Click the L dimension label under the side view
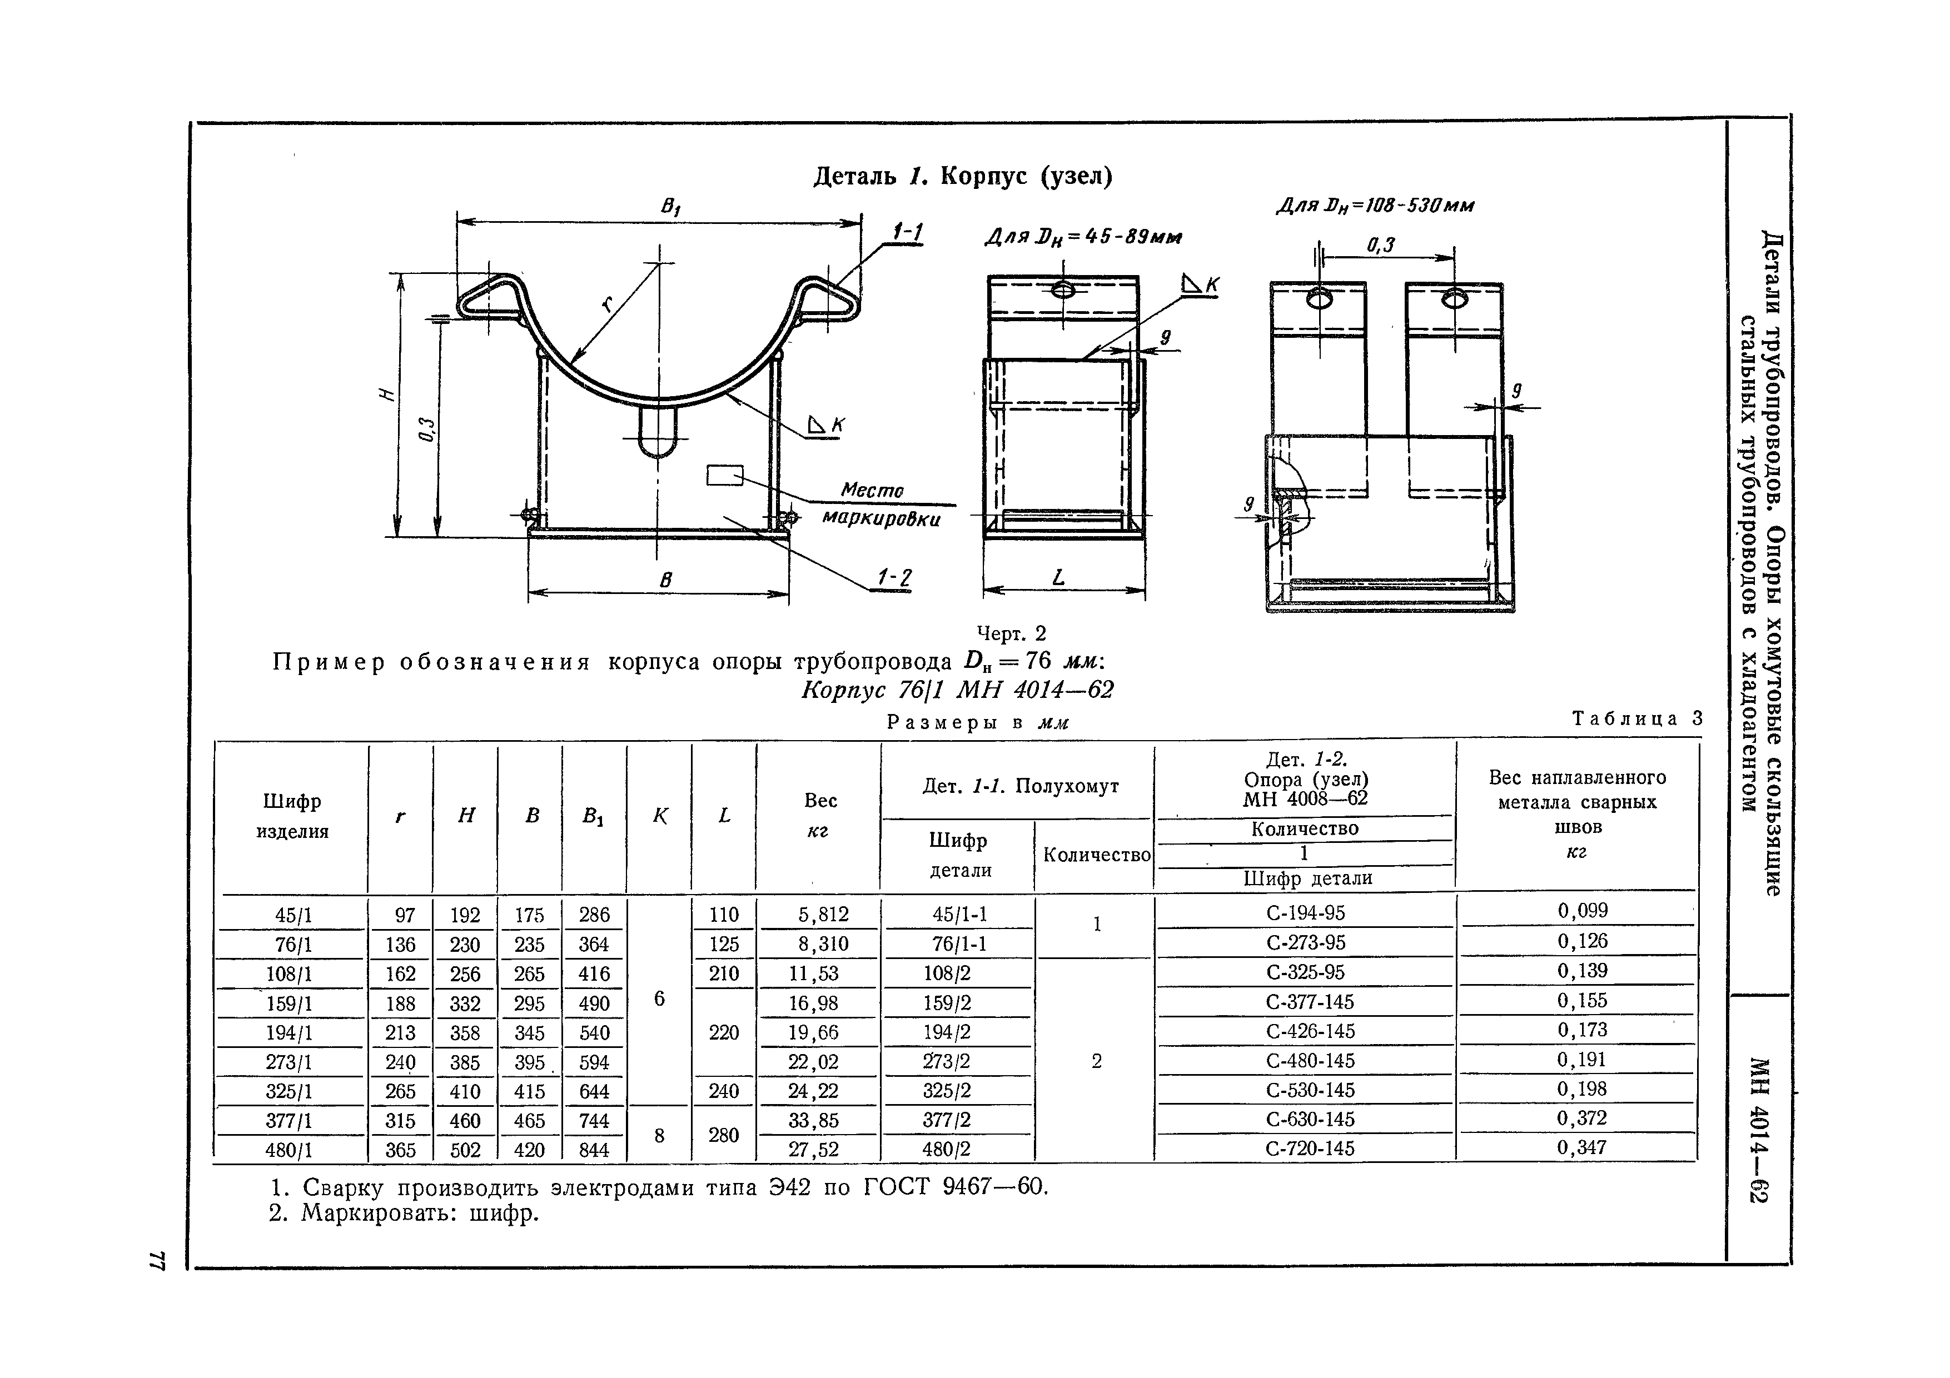(1058, 578)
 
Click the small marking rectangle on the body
(724, 476)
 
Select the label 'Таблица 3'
(1636, 718)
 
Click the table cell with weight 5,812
(823, 915)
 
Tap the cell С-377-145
(1310, 1002)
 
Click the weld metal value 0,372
(1581, 1118)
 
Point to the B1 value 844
(594, 1150)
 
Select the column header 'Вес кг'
(819, 815)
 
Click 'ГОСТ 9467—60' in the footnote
(956, 1186)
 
